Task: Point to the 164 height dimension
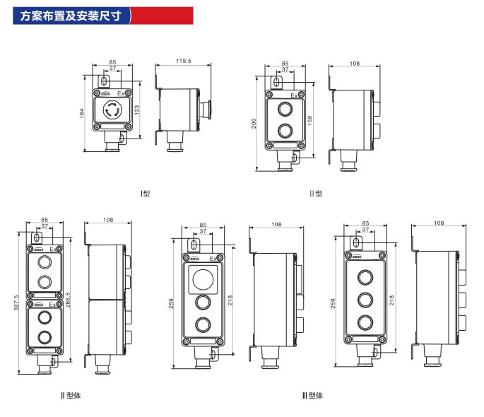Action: [x=82, y=113]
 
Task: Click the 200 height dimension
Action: [x=254, y=123]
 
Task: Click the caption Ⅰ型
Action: [x=146, y=193]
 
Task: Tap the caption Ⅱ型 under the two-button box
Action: [x=316, y=193]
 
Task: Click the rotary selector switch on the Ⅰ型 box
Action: [x=113, y=110]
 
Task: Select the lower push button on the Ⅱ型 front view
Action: [x=285, y=130]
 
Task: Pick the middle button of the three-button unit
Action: [x=365, y=299]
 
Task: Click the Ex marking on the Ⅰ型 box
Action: [x=121, y=93]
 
